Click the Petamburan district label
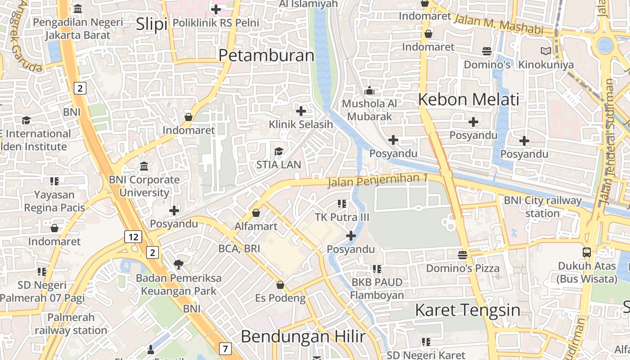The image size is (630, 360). click(x=266, y=55)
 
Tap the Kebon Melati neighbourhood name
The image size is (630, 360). click(x=468, y=99)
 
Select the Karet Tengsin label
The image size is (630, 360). click(x=468, y=310)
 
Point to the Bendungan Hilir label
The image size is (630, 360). click(x=303, y=336)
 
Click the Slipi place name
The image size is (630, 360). click(x=151, y=24)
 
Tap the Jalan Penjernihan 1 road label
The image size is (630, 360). click(x=378, y=180)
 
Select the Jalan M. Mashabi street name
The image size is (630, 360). click(x=499, y=24)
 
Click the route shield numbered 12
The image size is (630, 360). click(x=133, y=237)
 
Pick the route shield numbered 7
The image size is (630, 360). click(x=225, y=348)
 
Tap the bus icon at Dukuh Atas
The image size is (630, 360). click(x=587, y=252)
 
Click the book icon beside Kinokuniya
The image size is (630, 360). click(x=546, y=51)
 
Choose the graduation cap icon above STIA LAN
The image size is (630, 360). click(x=279, y=151)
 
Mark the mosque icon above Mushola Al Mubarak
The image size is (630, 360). click(x=369, y=90)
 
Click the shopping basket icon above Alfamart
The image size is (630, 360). click(x=256, y=212)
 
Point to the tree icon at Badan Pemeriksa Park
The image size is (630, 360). click(x=179, y=264)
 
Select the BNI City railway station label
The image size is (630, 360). click(x=542, y=207)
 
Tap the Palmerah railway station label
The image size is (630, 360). click(x=71, y=324)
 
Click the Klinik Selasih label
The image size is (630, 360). click(x=301, y=124)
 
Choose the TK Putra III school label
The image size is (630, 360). click(x=342, y=217)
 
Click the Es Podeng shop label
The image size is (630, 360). click(x=280, y=298)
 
